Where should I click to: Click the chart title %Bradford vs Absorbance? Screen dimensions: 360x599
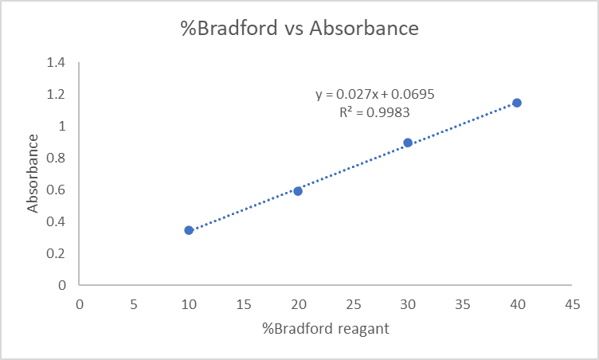tap(299, 29)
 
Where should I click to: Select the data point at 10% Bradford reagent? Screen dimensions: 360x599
tap(189, 230)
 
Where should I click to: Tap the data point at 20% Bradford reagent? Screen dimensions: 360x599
tap(298, 191)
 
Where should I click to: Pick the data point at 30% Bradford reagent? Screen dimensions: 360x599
tap(408, 143)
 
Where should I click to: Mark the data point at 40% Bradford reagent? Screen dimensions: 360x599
tap(517, 103)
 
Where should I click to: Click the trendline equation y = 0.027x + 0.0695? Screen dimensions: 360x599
tap(374, 94)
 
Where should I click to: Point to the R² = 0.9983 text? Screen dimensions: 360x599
tap(374, 112)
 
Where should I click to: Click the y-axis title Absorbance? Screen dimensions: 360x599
tap(33, 174)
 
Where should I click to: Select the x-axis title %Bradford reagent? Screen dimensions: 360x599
tap(325, 329)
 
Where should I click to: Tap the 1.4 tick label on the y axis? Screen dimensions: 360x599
tap(57, 62)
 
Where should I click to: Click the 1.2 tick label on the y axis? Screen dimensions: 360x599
tap(57, 94)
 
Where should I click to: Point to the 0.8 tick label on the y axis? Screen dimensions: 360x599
tap(57, 158)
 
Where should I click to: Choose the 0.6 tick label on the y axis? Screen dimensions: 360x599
tap(57, 190)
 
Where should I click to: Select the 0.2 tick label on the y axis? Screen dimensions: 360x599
tap(57, 253)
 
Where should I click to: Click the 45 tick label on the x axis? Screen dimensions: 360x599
tap(571, 303)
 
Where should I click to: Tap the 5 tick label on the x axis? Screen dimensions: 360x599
tap(134, 303)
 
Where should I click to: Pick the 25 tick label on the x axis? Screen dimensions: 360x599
tap(353, 303)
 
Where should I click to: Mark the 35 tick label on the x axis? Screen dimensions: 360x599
tap(462, 303)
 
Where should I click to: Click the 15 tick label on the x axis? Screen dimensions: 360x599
tap(243, 303)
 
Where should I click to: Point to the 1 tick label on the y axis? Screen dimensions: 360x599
tap(61, 126)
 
